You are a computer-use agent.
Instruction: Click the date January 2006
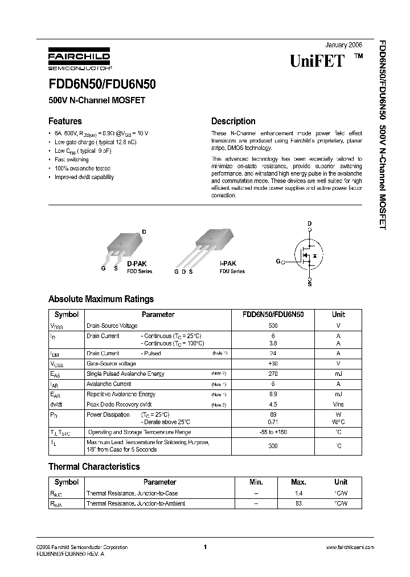[x=343, y=44]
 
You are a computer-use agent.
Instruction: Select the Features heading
[x=65, y=121]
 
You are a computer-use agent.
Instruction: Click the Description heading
[x=233, y=121]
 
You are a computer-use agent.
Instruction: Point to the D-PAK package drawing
[x=125, y=244]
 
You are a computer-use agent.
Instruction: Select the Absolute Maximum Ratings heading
[x=101, y=299]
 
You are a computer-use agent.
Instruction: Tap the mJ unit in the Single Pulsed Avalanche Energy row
[x=338, y=373]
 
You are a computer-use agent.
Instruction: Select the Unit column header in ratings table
[x=338, y=314]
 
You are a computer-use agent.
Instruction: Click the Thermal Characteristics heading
[x=94, y=466]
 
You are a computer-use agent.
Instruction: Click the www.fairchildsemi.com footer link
[x=350, y=547]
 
